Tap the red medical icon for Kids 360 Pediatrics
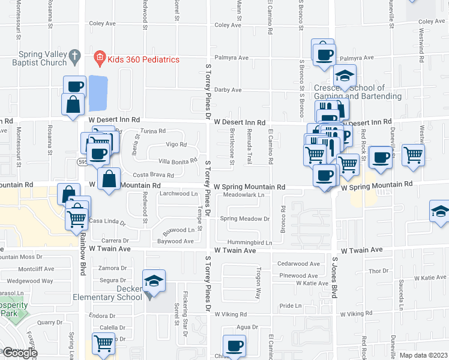(x=100, y=59)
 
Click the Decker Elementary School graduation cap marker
(x=154, y=281)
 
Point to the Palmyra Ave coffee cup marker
(x=324, y=53)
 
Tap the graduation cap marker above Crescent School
(x=345, y=76)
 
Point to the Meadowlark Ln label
(x=243, y=195)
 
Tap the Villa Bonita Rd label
(x=177, y=160)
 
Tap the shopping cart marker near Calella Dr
(x=103, y=344)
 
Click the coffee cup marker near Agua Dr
(x=234, y=346)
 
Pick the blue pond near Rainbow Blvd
(x=98, y=93)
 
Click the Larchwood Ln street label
(x=178, y=194)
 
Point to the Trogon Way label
(x=259, y=283)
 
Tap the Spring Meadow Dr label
(x=245, y=219)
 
